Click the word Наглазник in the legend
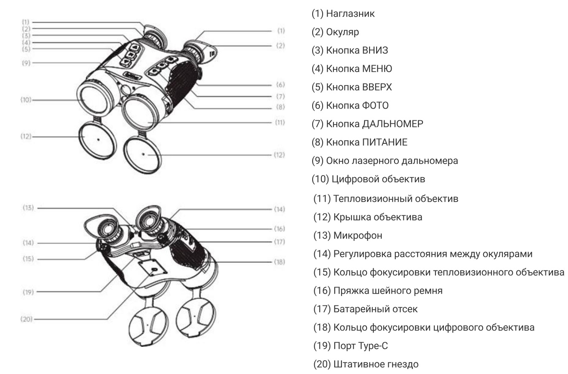click(x=350, y=14)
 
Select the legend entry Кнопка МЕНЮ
click(x=351, y=69)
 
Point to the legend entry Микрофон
click(x=348, y=236)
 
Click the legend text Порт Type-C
click(x=350, y=346)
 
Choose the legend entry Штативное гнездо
click(x=366, y=364)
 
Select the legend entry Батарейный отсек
click(x=365, y=309)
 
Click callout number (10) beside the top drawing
click(x=26, y=100)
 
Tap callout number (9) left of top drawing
click(x=26, y=63)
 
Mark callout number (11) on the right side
click(x=280, y=122)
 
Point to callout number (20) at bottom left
click(x=26, y=319)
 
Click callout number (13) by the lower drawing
click(x=28, y=208)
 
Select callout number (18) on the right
click(x=280, y=262)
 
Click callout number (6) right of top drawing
click(x=280, y=85)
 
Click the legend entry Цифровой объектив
click(x=368, y=179)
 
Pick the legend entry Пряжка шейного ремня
click(x=378, y=291)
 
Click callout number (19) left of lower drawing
click(x=28, y=292)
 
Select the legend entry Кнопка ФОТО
click(x=350, y=105)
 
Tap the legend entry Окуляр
click(x=335, y=32)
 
